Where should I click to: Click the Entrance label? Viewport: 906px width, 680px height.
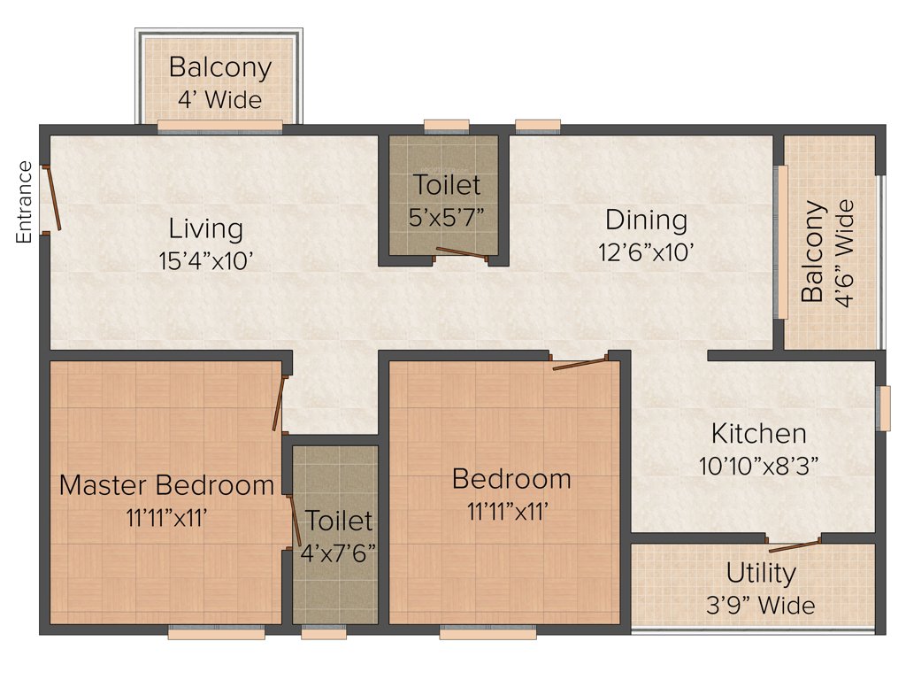24,202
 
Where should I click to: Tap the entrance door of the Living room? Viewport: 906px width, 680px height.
54,197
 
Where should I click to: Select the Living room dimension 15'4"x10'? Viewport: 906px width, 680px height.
205,260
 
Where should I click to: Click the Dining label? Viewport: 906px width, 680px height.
646,220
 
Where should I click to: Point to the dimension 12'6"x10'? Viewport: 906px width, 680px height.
646,251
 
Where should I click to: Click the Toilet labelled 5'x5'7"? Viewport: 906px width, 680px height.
447,185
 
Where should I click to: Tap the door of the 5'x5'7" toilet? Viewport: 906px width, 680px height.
461,254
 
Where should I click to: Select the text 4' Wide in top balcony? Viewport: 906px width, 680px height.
219,99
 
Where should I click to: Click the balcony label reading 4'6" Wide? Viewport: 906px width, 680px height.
847,253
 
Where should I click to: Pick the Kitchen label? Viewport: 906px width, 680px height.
759,434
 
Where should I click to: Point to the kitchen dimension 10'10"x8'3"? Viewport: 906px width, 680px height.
759,466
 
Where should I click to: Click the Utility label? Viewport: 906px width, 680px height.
761,574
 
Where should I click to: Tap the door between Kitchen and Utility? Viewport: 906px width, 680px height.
794,542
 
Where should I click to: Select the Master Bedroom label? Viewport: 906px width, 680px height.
166,485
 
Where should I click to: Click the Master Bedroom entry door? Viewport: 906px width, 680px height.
279,404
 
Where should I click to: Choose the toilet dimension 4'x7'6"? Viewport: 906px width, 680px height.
339,552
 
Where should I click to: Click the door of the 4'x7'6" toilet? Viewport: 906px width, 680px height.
294,521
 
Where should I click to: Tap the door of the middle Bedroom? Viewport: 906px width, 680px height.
580,362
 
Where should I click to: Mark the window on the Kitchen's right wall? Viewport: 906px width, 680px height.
881,408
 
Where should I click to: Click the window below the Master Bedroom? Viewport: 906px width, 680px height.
216,633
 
